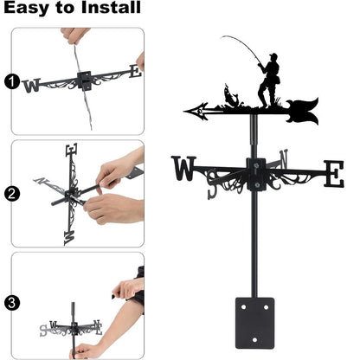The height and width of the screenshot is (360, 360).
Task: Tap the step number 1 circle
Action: click(x=11, y=83)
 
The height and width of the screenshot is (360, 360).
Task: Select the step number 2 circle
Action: click(x=11, y=193)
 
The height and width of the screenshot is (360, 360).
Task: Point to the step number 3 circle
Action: click(x=11, y=303)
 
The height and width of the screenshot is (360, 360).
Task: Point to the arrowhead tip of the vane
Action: click(x=188, y=111)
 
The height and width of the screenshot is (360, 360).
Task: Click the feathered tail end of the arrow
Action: click(x=305, y=110)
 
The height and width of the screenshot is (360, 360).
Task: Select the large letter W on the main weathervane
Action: click(x=184, y=169)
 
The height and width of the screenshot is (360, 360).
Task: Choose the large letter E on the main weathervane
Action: click(x=332, y=173)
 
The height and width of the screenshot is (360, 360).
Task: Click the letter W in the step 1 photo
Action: click(x=32, y=85)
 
